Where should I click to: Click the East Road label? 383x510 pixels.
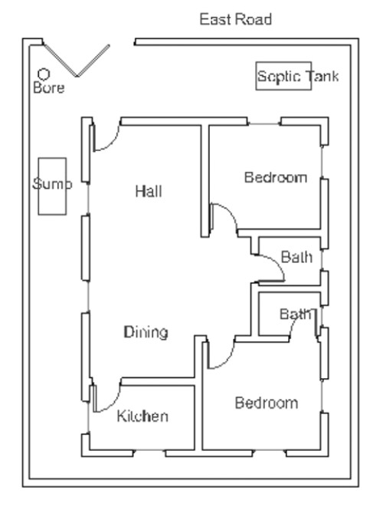tap(235, 19)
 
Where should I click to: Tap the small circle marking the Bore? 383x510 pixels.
tap(44, 74)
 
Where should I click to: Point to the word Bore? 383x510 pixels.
tap(49, 88)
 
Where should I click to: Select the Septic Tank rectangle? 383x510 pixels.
tap(284, 76)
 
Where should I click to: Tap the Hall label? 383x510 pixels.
tap(149, 190)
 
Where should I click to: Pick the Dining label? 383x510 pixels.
tap(146, 332)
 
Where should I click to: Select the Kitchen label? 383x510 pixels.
tap(142, 416)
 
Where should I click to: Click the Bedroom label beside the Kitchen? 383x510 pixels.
tap(266, 403)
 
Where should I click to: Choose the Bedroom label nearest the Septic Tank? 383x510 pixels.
tap(275, 178)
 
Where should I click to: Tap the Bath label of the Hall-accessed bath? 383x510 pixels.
tap(296, 257)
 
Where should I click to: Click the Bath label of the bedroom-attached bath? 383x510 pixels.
tap(295, 314)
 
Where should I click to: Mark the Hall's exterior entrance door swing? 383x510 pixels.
tap(106, 137)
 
